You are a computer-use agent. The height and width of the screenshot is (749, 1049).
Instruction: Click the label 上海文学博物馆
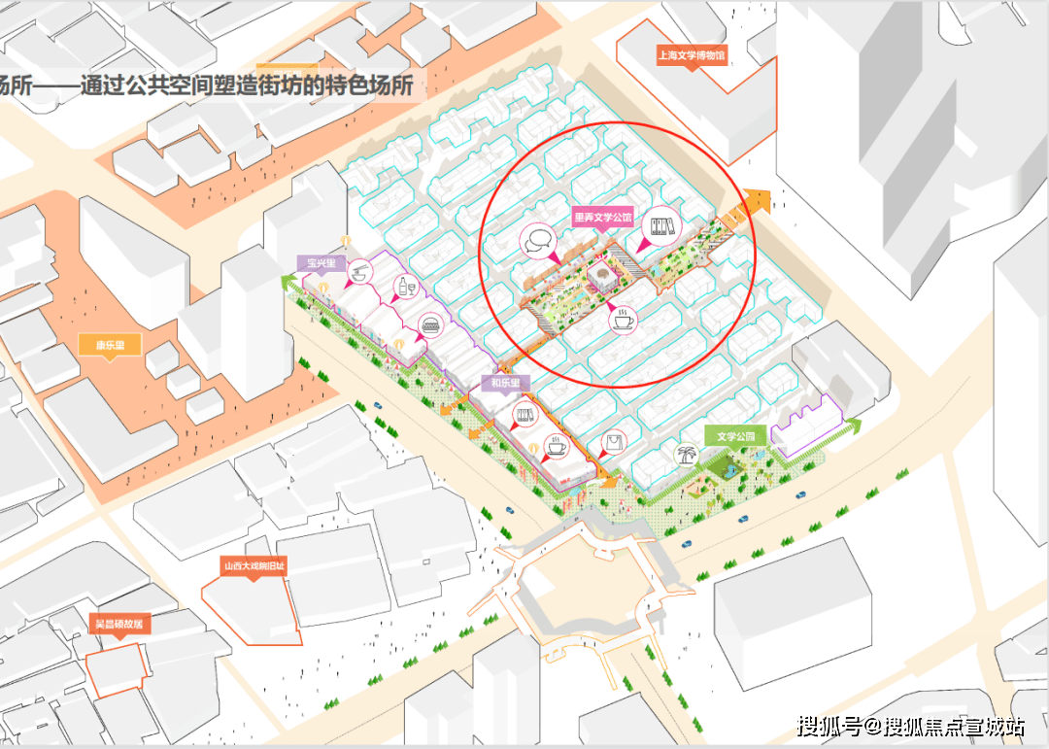[x=692, y=56]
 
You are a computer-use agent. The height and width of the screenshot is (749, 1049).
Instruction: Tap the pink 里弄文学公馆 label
[x=604, y=219]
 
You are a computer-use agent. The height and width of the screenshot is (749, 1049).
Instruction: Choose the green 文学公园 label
[x=736, y=435]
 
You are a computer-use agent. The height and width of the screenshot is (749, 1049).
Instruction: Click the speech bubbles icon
[x=538, y=240]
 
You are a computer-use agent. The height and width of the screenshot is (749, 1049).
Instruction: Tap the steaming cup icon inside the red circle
[x=622, y=318]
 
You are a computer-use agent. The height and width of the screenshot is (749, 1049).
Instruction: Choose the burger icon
[x=429, y=324]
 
